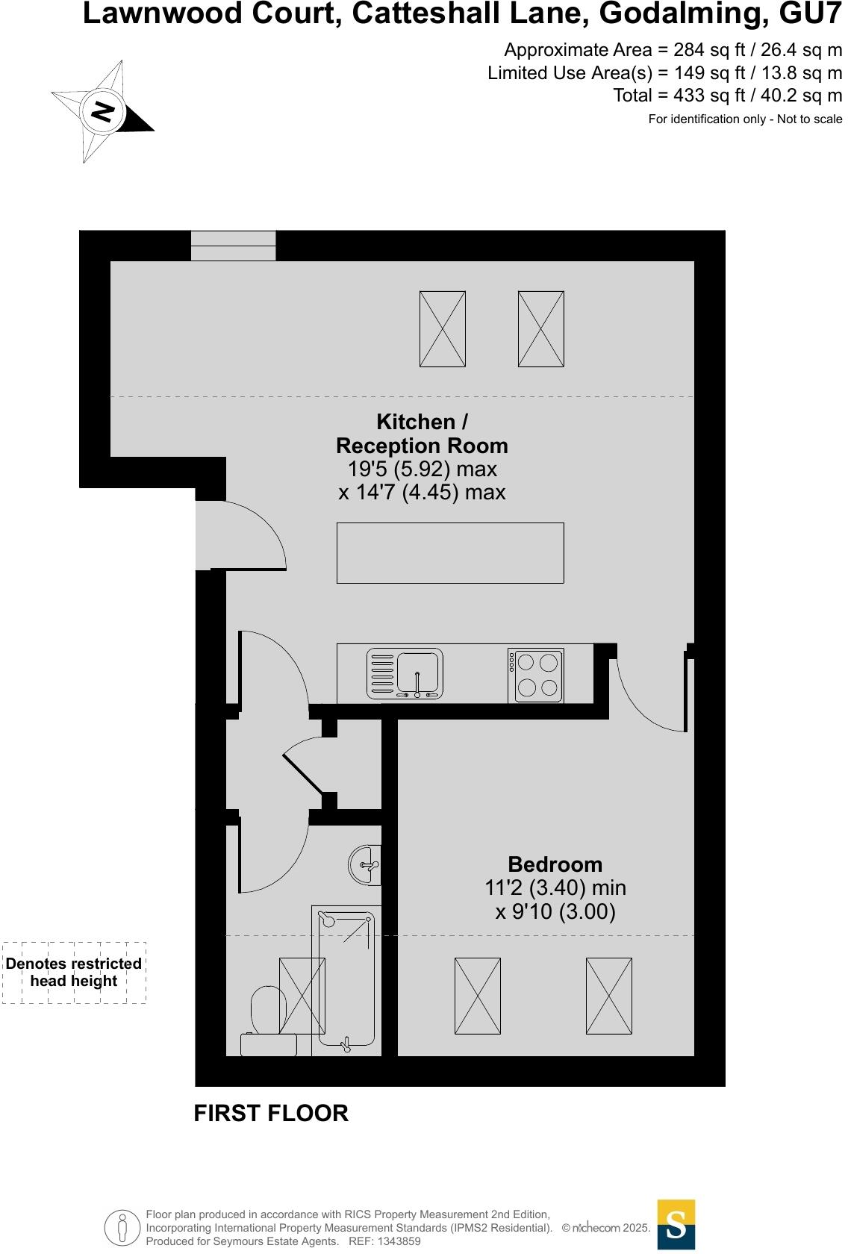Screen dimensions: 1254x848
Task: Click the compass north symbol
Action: click(102, 112)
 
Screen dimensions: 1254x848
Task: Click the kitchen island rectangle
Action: click(450, 552)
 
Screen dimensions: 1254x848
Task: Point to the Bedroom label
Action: click(555, 864)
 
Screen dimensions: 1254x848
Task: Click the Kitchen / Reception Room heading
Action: click(422, 434)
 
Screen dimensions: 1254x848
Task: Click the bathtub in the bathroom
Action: click(346, 978)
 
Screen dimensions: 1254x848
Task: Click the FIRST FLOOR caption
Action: click(271, 1113)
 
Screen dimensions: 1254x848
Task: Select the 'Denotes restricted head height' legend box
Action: click(74, 973)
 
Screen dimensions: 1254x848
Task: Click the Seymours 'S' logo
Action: click(676, 1224)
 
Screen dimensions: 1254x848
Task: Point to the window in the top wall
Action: click(233, 246)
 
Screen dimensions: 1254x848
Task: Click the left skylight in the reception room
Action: click(442, 328)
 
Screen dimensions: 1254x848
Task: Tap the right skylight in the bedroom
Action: click(608, 996)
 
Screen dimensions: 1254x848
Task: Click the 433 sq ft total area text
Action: click(727, 96)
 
